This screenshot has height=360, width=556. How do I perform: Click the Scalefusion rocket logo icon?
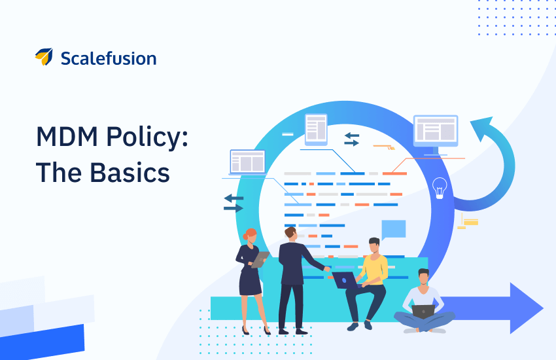click(x=44, y=57)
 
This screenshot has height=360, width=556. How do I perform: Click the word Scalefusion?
click(x=109, y=58)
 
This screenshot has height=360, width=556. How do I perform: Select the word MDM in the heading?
click(x=67, y=137)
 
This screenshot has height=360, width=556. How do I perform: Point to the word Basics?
click(x=130, y=172)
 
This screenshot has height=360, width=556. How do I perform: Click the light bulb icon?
click(x=440, y=188)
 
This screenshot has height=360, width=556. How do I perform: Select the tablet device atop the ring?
click(x=316, y=130)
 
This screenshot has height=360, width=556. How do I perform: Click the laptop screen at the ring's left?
click(x=247, y=162)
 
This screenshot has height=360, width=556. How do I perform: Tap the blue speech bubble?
click(x=393, y=230)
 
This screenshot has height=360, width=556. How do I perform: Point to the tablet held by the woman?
click(x=260, y=259)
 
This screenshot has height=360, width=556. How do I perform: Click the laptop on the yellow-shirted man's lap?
click(x=345, y=280)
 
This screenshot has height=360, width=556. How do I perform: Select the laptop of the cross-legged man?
click(x=423, y=312)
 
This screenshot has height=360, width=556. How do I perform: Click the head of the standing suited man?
click(x=291, y=234)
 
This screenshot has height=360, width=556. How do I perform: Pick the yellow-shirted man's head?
click(x=374, y=245)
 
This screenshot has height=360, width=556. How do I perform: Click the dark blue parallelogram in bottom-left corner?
click(x=43, y=342)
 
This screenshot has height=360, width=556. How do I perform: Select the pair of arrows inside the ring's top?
click(x=352, y=139)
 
